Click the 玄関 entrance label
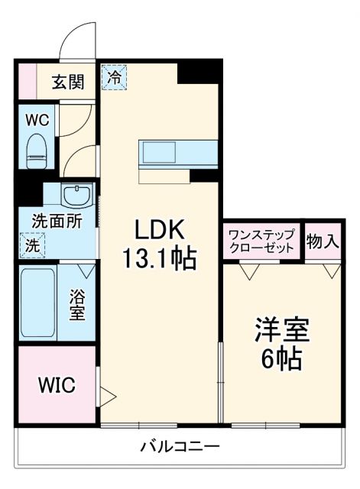coord(67,82)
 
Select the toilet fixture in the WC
coord(37,150)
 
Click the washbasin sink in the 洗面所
coord(76,196)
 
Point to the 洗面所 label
coord(57,221)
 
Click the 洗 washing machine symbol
coord(32,246)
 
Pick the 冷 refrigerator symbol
coord(114,77)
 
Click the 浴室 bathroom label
coord(78,303)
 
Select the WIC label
coord(57,385)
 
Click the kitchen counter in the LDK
coord(177,152)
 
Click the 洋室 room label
coord(282,331)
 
